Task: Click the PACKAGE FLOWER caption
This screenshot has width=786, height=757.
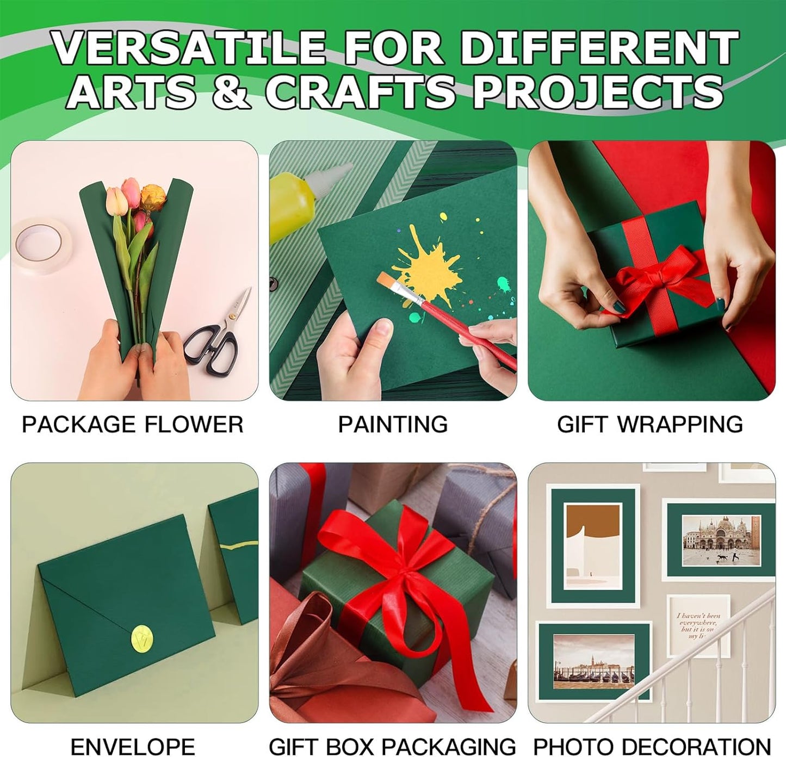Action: click(x=132, y=424)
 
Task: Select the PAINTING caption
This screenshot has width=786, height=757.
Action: click(x=393, y=424)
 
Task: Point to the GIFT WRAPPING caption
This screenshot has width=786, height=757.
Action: click(x=650, y=424)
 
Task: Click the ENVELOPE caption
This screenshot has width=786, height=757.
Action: click(x=132, y=746)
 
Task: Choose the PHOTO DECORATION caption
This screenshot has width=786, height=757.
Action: click(x=652, y=746)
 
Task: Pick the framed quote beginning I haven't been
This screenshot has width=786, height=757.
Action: click(x=698, y=625)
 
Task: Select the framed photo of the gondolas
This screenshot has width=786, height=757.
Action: click(x=593, y=661)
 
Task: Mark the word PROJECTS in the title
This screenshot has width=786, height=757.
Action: click(x=597, y=91)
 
